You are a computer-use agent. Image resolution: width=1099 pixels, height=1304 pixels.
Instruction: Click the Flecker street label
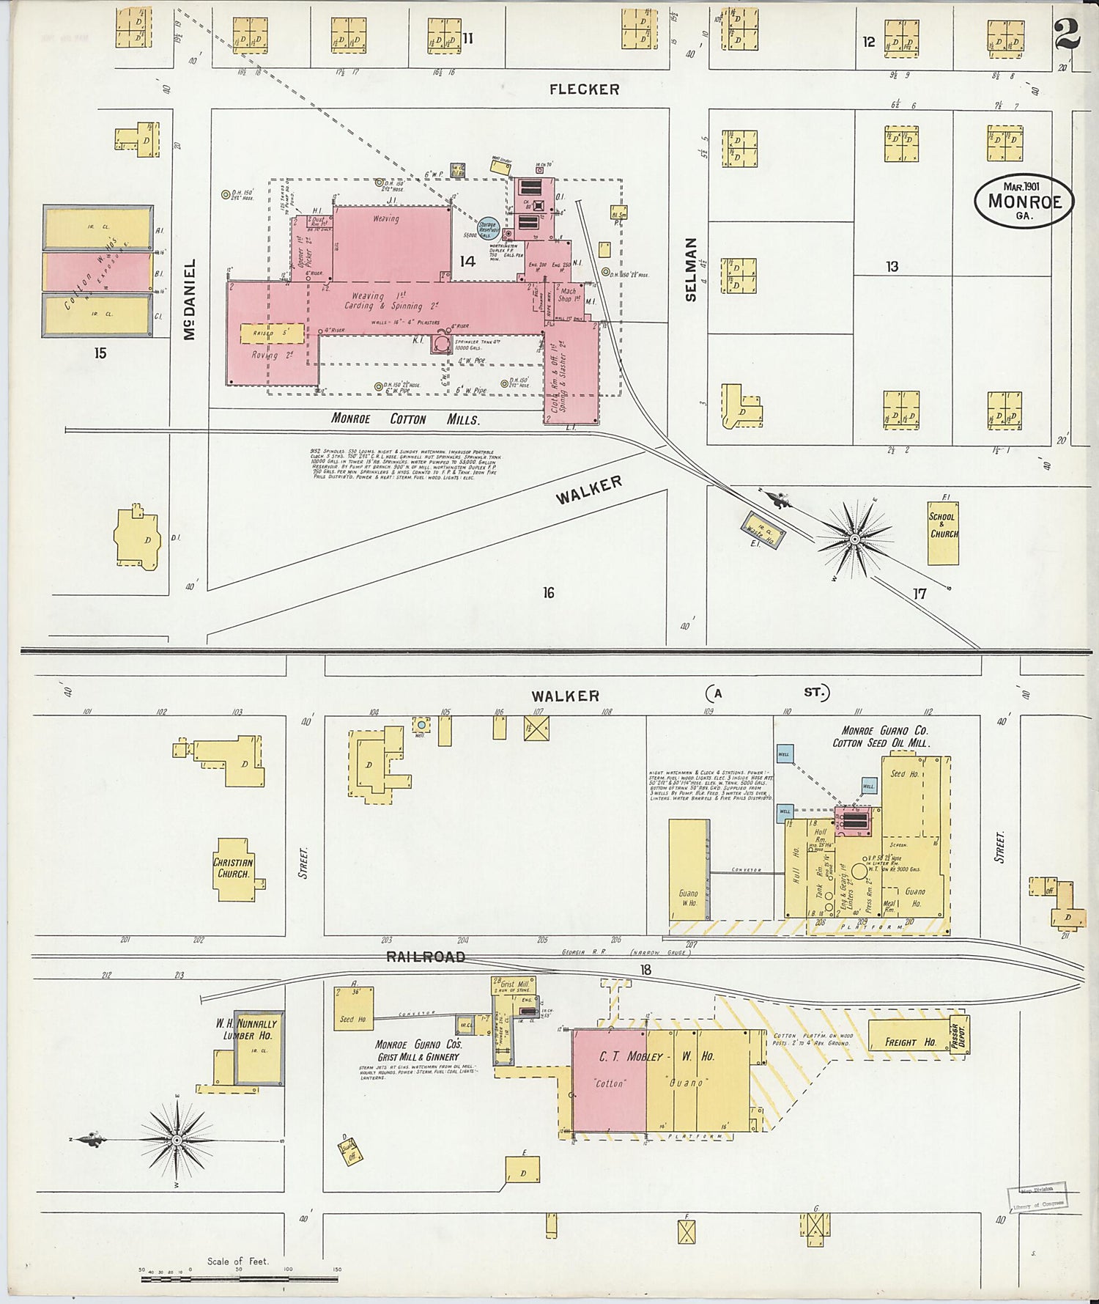point(584,89)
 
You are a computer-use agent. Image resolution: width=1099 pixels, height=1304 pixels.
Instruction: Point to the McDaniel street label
point(189,298)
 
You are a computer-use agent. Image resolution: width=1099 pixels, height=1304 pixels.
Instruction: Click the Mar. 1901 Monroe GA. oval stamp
point(1023,199)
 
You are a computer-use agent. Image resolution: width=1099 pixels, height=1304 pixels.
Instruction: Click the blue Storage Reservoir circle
point(488,229)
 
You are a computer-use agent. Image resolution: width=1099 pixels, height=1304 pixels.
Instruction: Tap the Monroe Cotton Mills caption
point(405,420)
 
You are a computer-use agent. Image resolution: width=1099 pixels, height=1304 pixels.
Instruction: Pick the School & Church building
point(943,532)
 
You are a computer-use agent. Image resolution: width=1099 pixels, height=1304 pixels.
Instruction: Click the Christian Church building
point(234,869)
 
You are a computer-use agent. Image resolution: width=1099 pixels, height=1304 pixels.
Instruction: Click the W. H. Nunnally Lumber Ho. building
point(257,1047)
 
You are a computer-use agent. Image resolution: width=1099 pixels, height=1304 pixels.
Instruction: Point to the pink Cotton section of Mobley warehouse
point(609,1081)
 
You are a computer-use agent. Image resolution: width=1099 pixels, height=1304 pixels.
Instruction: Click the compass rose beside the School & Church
point(854,539)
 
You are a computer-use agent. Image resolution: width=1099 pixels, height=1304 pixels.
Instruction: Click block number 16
point(548,593)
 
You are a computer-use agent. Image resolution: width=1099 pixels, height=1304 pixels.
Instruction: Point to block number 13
point(892,267)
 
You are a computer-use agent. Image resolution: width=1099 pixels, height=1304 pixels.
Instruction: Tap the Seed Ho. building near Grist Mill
point(353,1010)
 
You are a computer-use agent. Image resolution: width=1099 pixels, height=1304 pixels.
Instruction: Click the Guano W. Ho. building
point(688,870)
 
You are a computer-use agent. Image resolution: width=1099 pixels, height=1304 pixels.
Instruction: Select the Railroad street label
point(426,957)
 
